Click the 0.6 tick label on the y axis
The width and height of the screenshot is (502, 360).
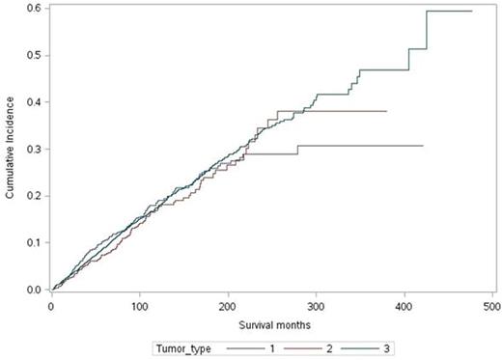tap(34, 9)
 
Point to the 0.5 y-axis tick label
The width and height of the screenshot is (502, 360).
tap(34, 56)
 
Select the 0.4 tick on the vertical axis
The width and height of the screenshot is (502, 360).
tap(34, 102)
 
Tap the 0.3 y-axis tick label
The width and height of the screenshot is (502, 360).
tap(34, 150)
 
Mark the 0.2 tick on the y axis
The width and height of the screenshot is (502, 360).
tap(34, 196)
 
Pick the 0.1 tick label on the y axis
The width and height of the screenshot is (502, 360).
tap(34, 243)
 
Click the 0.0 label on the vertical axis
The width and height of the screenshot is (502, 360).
tap(34, 290)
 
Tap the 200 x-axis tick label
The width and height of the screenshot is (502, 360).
tap(227, 305)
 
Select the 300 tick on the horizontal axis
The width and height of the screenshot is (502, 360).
tap(315, 305)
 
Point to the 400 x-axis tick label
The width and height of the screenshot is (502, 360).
tap(403, 305)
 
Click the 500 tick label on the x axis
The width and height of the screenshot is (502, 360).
tap(490, 305)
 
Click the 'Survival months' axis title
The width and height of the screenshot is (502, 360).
tap(271, 322)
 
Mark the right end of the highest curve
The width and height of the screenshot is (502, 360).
tap(471, 11)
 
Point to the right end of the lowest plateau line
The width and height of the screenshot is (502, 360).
tap(423, 145)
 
